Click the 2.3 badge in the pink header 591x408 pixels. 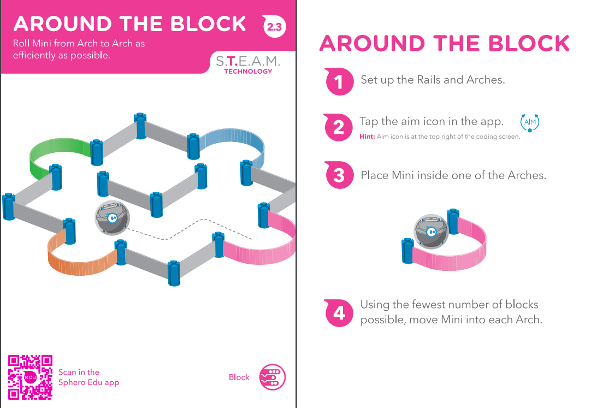pos(274,26)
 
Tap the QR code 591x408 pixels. pos(30,377)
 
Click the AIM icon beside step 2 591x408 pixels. pos(530,122)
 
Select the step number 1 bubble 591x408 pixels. pos(339,81)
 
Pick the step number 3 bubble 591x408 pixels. pos(339,175)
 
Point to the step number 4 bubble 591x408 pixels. pos(339,312)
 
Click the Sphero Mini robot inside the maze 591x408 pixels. pos(113,218)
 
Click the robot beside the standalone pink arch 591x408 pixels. pos(432,232)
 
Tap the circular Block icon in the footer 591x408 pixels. pos(272,377)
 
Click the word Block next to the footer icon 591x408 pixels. pos(239,377)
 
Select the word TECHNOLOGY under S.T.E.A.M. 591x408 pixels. pos(248,71)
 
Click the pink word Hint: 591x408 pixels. pos(367,137)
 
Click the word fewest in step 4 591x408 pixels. pos(427,304)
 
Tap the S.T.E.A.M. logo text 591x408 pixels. pos(247,61)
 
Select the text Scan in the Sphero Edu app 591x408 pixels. pos(88,377)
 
